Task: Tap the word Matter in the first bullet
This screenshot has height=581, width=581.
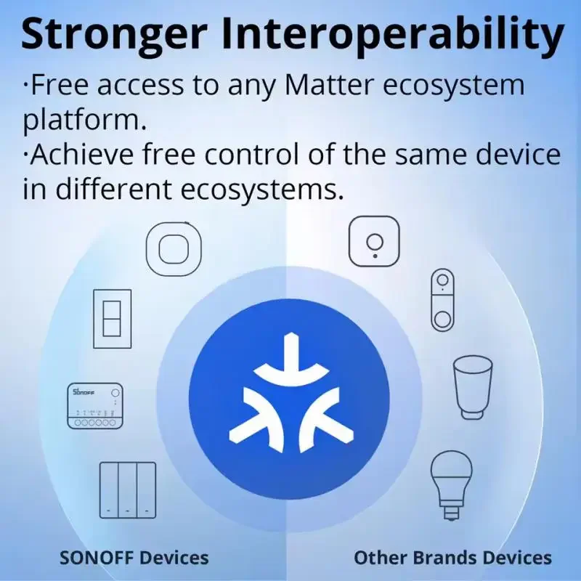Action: (x=325, y=85)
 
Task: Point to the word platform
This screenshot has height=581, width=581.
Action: (x=80, y=121)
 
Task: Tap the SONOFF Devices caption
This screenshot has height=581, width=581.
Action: (x=134, y=558)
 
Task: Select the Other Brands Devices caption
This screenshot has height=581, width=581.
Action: (x=452, y=558)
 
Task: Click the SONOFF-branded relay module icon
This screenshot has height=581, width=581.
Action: (x=95, y=406)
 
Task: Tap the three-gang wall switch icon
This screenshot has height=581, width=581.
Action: (x=128, y=489)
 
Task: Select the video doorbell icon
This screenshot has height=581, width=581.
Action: (x=442, y=300)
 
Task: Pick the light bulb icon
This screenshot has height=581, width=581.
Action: (x=452, y=483)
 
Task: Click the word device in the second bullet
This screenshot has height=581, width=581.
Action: (x=521, y=155)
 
